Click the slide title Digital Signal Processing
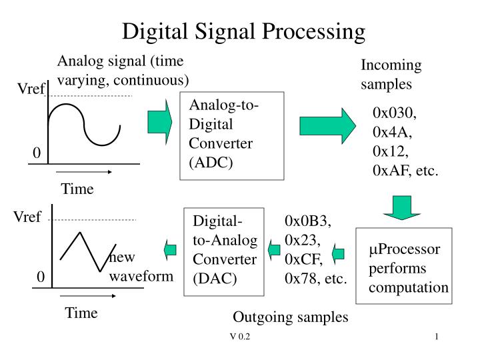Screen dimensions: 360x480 click(x=244, y=31)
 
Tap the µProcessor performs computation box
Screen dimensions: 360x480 click(x=404, y=269)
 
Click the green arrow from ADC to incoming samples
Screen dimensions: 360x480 click(x=328, y=125)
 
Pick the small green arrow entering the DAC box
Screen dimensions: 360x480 click(x=273, y=251)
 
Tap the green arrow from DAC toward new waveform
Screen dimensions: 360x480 click(x=169, y=250)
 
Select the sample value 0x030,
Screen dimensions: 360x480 click(x=395, y=111)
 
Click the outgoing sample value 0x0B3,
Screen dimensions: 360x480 click(x=308, y=221)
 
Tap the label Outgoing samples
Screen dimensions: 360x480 click(x=291, y=317)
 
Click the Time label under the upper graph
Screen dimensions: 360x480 click(x=77, y=189)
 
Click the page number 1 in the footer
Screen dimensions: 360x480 click(x=435, y=338)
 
